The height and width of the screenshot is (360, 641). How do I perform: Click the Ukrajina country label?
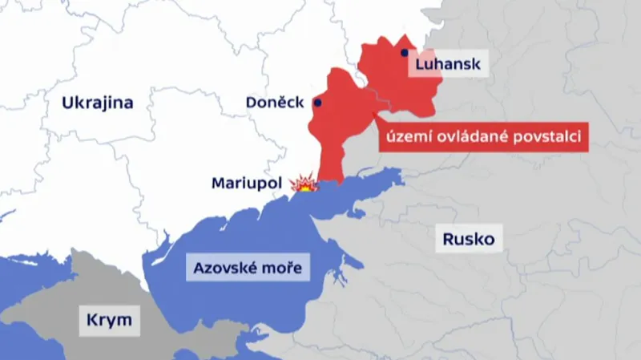[97, 103]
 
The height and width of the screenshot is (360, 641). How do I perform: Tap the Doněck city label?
[274, 103]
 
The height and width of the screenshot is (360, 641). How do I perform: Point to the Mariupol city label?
[246, 183]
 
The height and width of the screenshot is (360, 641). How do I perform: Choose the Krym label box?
[109, 322]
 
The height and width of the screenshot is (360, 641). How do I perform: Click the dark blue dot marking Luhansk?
[405, 53]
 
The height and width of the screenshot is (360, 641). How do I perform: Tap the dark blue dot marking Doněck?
[318, 103]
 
